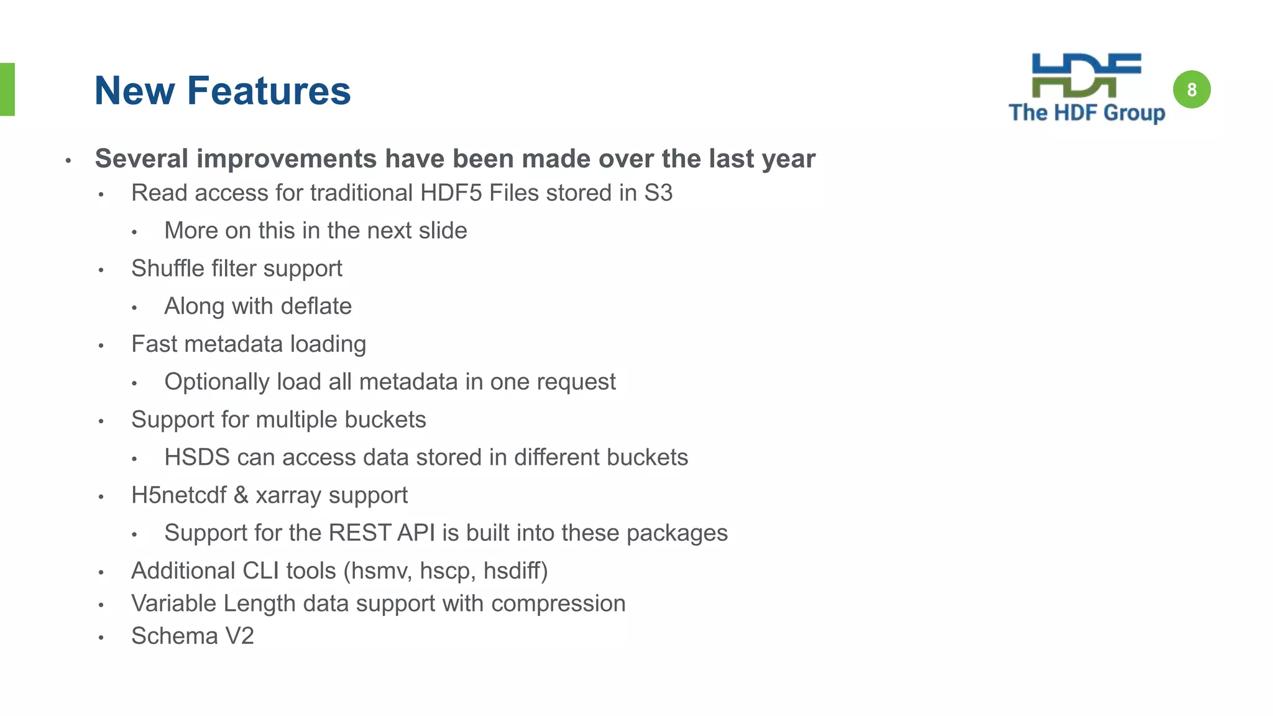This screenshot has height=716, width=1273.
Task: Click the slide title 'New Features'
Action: [223, 91]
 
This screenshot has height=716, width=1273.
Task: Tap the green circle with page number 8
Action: [1191, 89]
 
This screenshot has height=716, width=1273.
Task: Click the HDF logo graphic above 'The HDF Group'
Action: [1086, 75]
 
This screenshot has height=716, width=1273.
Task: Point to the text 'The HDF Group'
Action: [1087, 112]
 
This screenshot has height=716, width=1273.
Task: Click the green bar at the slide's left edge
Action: [7, 89]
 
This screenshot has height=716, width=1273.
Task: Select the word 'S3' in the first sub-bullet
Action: [658, 193]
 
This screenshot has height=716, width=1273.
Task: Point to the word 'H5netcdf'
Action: [179, 495]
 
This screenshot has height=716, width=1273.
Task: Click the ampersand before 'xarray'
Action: [241, 495]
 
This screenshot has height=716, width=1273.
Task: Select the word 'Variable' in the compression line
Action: [173, 604]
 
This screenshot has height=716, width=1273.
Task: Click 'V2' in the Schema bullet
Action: [239, 636]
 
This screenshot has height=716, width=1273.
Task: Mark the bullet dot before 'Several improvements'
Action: [68, 161]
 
